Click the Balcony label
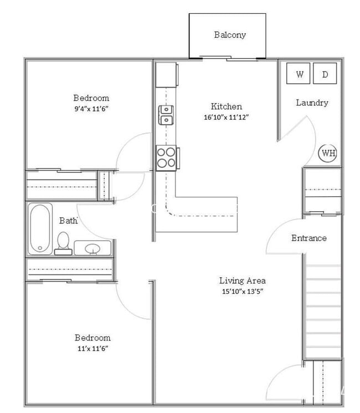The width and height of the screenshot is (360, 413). (230, 35)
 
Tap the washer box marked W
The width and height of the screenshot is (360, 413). (299, 74)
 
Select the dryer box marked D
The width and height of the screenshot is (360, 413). (325, 74)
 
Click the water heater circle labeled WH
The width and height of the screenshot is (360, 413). (328, 153)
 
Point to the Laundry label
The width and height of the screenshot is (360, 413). (312, 103)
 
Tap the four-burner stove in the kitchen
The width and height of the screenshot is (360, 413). (166, 157)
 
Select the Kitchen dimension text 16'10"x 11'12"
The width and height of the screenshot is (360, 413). (227, 118)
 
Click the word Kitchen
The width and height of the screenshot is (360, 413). (227, 106)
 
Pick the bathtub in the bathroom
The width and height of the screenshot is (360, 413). (40, 229)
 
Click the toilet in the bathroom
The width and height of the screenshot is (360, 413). (63, 243)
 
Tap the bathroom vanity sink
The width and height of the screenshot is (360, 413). (92, 248)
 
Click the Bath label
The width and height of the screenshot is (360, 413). (68, 221)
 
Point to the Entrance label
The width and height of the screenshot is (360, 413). (309, 238)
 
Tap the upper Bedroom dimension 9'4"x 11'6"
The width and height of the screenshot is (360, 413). (91, 109)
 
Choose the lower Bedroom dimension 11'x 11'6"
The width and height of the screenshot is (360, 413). (92, 349)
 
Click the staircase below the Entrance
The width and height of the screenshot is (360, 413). (323, 310)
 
